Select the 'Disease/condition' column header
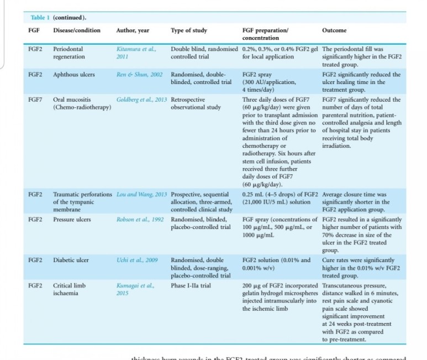[77, 30]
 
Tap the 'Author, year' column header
[133, 30]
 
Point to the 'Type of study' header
[189, 30]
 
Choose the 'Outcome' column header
[334, 30]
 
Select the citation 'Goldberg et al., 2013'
[141, 100]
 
